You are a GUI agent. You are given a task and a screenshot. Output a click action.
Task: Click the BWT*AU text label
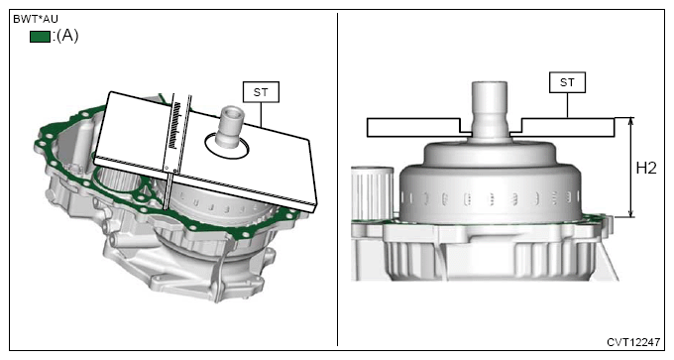36,20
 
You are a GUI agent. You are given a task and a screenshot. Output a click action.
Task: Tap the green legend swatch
40,37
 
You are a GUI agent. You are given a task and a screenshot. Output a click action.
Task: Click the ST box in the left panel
261,92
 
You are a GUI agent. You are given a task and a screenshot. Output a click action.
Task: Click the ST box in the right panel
567,82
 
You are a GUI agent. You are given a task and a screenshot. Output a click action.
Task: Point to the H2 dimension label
646,168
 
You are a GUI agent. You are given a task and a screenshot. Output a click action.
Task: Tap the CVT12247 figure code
633,342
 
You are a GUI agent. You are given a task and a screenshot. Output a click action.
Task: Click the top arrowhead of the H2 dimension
630,121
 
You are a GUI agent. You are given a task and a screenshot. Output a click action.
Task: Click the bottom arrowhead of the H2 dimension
630,213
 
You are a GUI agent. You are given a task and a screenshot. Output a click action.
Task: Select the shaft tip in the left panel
233,113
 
